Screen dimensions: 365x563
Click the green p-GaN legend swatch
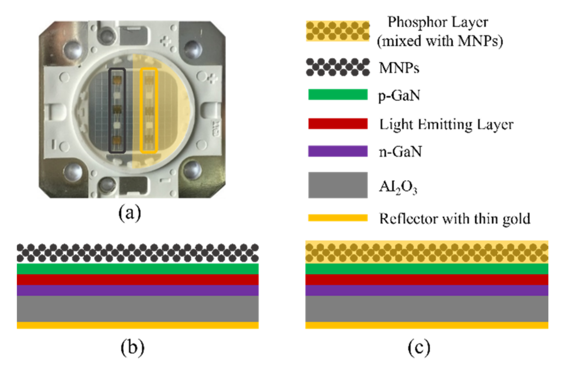338,95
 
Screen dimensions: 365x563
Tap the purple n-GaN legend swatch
338,151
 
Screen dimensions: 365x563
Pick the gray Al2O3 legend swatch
338,185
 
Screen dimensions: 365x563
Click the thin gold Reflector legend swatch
338,218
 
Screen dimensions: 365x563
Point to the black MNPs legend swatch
338,67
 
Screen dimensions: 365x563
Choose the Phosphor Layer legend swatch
338,31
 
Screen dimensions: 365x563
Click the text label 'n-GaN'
400,152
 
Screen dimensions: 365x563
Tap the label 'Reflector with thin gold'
455,219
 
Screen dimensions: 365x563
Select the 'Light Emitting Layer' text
446,124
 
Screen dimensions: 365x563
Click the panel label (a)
129,213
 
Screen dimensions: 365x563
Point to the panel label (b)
132,348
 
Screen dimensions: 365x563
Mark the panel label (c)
419,348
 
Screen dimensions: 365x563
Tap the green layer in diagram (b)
138,269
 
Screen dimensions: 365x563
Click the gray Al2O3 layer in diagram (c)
427,309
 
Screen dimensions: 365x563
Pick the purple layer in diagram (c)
427,290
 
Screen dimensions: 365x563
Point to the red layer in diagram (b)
138,280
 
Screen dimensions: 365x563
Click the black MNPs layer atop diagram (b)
138,253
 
